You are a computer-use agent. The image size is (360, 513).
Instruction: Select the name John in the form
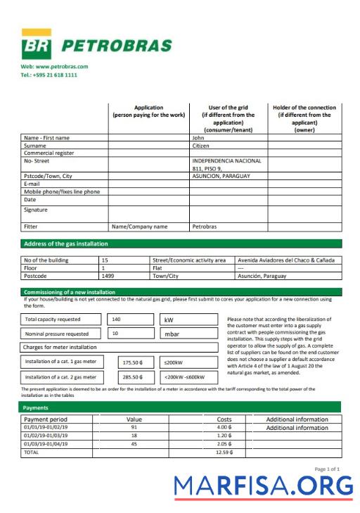[198, 138]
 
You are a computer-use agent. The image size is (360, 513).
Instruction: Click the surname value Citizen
[202, 146]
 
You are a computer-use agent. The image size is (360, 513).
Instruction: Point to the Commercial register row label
[49, 153]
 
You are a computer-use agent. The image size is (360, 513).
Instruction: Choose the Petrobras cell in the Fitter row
[205, 227]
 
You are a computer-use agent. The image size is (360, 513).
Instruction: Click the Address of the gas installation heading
[66, 243]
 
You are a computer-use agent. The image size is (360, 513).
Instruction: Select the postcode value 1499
[108, 276]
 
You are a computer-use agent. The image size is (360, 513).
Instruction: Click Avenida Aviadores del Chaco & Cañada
[286, 260]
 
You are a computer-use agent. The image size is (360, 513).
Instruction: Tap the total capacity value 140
[116, 319]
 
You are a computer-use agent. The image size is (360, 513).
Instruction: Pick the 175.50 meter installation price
[133, 362]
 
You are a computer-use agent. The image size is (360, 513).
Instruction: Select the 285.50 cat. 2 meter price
[133, 377]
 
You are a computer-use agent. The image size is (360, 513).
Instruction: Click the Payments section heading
[36, 407]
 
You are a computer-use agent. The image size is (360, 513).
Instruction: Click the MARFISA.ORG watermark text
[264, 486]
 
